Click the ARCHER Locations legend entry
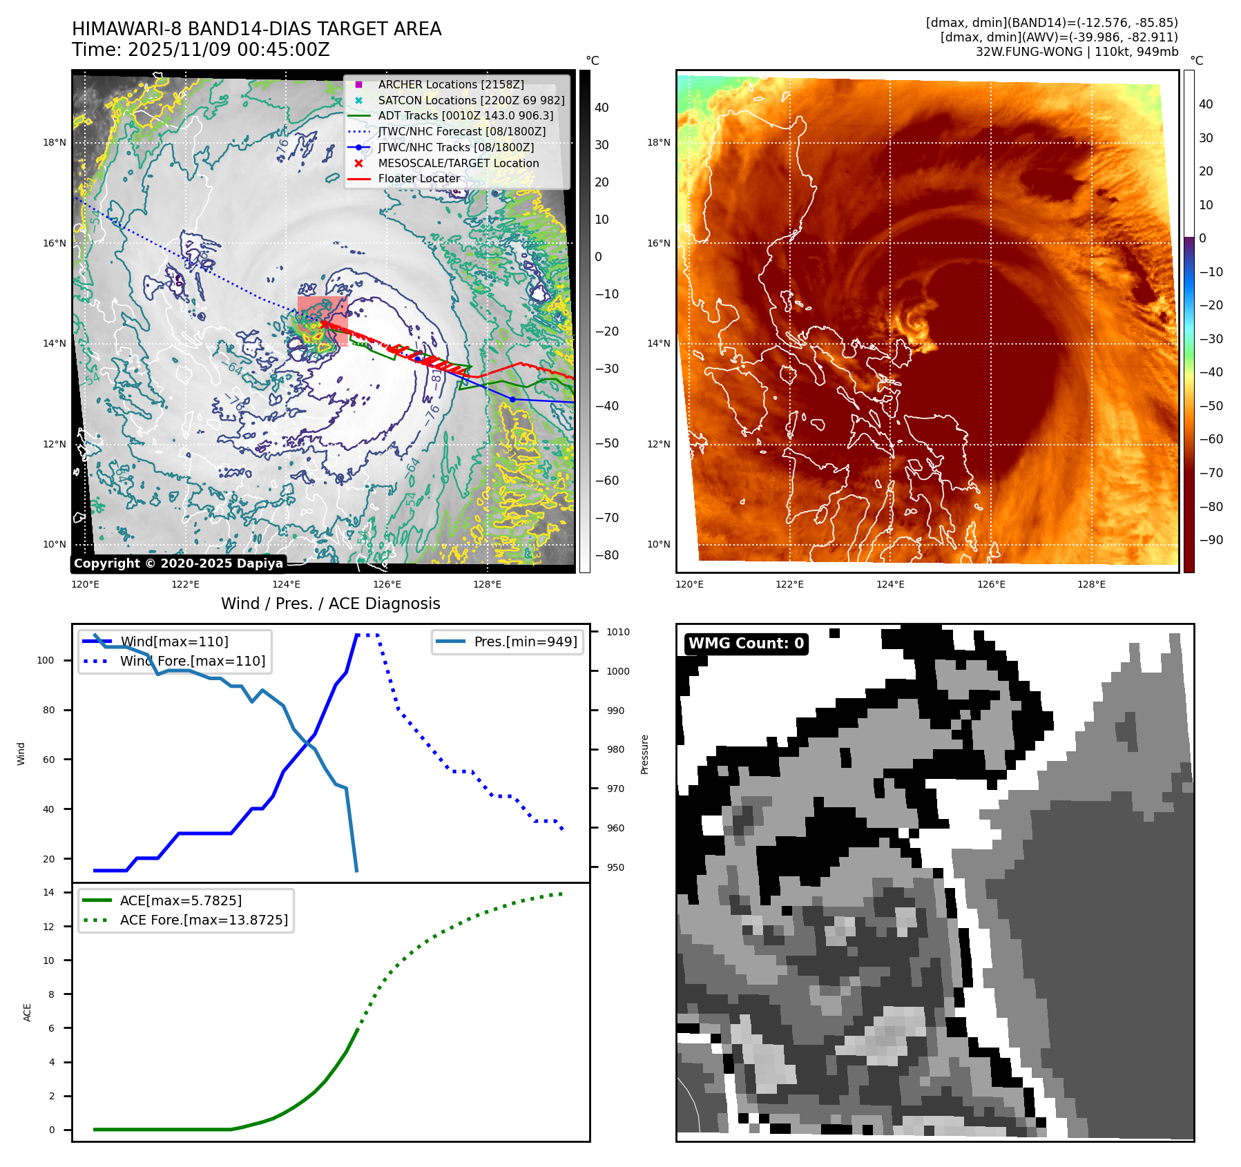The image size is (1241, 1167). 450,84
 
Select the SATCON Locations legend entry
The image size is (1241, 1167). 471,100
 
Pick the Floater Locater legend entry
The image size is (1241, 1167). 419,178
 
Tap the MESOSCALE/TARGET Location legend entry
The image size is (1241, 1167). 458,163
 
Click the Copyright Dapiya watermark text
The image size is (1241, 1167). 178,563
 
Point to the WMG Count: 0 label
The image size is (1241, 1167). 746,644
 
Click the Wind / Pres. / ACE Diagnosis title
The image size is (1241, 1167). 330,604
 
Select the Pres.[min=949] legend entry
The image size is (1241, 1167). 525,642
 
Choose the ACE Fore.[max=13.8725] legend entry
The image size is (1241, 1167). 204,920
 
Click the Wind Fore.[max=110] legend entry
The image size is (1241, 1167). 192,661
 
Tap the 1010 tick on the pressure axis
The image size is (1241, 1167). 618,632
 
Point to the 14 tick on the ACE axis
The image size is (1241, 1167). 49,892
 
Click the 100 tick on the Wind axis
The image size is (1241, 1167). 46,660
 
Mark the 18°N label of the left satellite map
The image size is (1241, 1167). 55,143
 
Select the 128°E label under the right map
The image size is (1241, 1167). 1091,584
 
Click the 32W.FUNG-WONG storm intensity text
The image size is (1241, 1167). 1076,52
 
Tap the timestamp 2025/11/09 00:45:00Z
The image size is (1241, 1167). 228,50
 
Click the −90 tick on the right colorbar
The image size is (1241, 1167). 1211,540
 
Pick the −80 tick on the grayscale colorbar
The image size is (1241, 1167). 607,555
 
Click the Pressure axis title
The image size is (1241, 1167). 644,754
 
